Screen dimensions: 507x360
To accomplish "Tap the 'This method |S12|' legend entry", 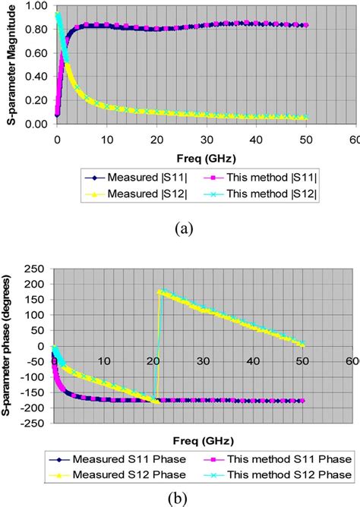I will (x=259, y=195).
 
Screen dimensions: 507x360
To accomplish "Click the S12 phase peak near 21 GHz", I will (x=159, y=291).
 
